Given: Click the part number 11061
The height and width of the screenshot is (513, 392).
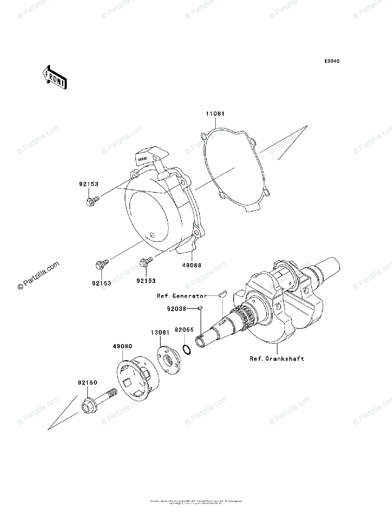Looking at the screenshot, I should click(215, 114).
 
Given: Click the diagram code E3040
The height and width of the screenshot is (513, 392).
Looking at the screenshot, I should click(332, 62).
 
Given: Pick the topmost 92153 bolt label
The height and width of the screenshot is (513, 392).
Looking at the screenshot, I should click(89, 184).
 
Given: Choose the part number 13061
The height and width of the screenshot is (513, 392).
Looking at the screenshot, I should click(160, 331).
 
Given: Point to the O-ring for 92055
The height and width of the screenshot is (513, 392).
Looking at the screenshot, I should click(186, 350).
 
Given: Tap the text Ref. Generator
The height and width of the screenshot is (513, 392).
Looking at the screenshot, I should click(181, 295).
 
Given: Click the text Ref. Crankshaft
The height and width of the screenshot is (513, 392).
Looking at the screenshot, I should click(277, 358).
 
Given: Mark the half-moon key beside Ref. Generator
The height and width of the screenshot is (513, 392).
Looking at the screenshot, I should click(222, 294).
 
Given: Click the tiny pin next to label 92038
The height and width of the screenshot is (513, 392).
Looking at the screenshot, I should click(200, 307).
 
